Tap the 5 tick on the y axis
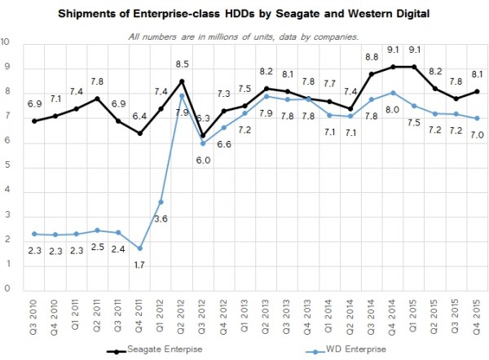[x=7, y=168]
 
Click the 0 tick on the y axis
[x=7, y=289]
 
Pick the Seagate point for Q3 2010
[x=34, y=121]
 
